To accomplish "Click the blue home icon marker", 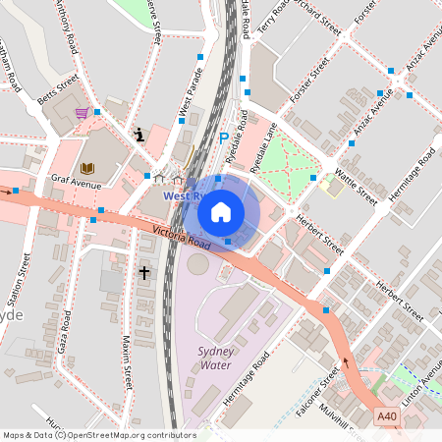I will tap(221, 210).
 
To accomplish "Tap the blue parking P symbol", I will tap(223, 140).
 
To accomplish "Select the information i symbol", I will tap(139, 134).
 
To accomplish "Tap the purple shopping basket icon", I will tap(82, 113).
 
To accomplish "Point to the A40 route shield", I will tap(388, 416).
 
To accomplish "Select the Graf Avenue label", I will tap(79, 183).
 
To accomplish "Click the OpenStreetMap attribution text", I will tap(98, 435).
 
